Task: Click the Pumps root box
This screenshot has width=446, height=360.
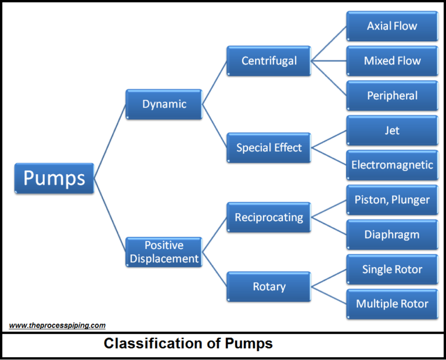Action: (54, 178)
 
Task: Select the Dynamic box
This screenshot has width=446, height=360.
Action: (164, 105)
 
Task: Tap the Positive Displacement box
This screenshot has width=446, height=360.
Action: (164, 252)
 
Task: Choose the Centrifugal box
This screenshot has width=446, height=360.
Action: (269, 61)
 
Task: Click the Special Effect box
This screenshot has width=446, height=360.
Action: (269, 147)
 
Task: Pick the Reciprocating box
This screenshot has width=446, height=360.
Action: (269, 218)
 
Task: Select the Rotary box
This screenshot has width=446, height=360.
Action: (269, 287)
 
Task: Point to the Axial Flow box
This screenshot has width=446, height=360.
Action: (392, 26)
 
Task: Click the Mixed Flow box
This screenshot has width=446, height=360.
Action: (392, 61)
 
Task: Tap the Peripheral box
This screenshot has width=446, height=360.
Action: (392, 96)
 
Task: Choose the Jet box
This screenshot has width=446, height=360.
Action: (392, 131)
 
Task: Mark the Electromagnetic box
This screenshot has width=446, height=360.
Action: (392, 165)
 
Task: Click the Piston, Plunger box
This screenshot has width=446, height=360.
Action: (392, 200)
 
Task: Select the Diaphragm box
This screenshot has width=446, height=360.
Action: (392, 235)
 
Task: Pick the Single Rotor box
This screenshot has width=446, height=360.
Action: (392, 269)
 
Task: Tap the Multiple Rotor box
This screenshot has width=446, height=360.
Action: (392, 304)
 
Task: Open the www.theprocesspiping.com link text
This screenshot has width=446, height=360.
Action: (57, 326)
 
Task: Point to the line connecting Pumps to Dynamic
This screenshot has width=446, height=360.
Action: (110, 141)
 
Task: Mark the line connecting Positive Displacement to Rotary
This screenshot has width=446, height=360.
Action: (214, 269)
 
